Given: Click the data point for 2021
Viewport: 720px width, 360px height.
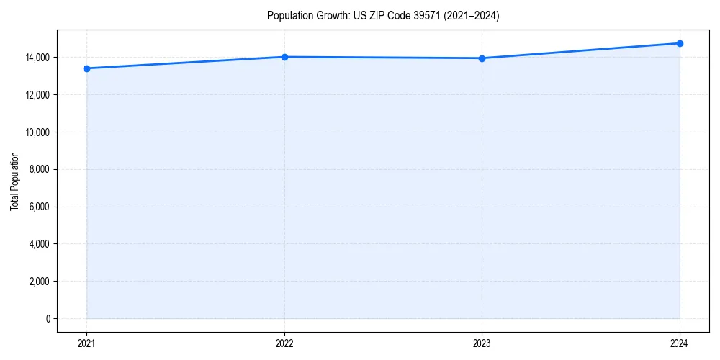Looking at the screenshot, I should [x=86, y=68].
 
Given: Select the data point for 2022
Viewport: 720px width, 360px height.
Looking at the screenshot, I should [x=284, y=57].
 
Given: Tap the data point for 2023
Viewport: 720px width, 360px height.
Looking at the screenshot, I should [x=482, y=58].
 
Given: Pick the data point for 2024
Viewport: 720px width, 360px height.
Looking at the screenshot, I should [x=680, y=43].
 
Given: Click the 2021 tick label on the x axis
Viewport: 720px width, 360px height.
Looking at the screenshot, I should [x=86, y=343].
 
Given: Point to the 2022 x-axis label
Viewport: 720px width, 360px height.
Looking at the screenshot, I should [x=284, y=343].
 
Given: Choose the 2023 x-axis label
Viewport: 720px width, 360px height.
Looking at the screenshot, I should [x=482, y=343].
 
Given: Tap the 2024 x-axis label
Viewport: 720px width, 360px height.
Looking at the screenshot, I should [x=680, y=343].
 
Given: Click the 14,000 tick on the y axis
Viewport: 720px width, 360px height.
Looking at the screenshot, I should [x=37, y=58].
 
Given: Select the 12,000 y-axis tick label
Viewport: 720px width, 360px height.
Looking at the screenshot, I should [x=37, y=95].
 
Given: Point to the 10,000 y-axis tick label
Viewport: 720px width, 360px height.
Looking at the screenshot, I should [x=37, y=132].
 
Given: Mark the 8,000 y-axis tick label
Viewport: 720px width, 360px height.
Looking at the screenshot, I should [x=39, y=170].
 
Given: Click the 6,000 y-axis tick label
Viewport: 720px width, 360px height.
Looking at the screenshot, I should [x=39, y=207].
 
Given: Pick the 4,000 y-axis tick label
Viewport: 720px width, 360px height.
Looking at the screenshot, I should [x=39, y=244].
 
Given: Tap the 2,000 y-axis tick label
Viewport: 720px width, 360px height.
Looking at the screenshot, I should [x=39, y=282].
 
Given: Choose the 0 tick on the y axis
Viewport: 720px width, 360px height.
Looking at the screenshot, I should [x=48, y=319].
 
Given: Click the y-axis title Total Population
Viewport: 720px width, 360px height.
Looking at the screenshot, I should [x=14, y=181].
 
